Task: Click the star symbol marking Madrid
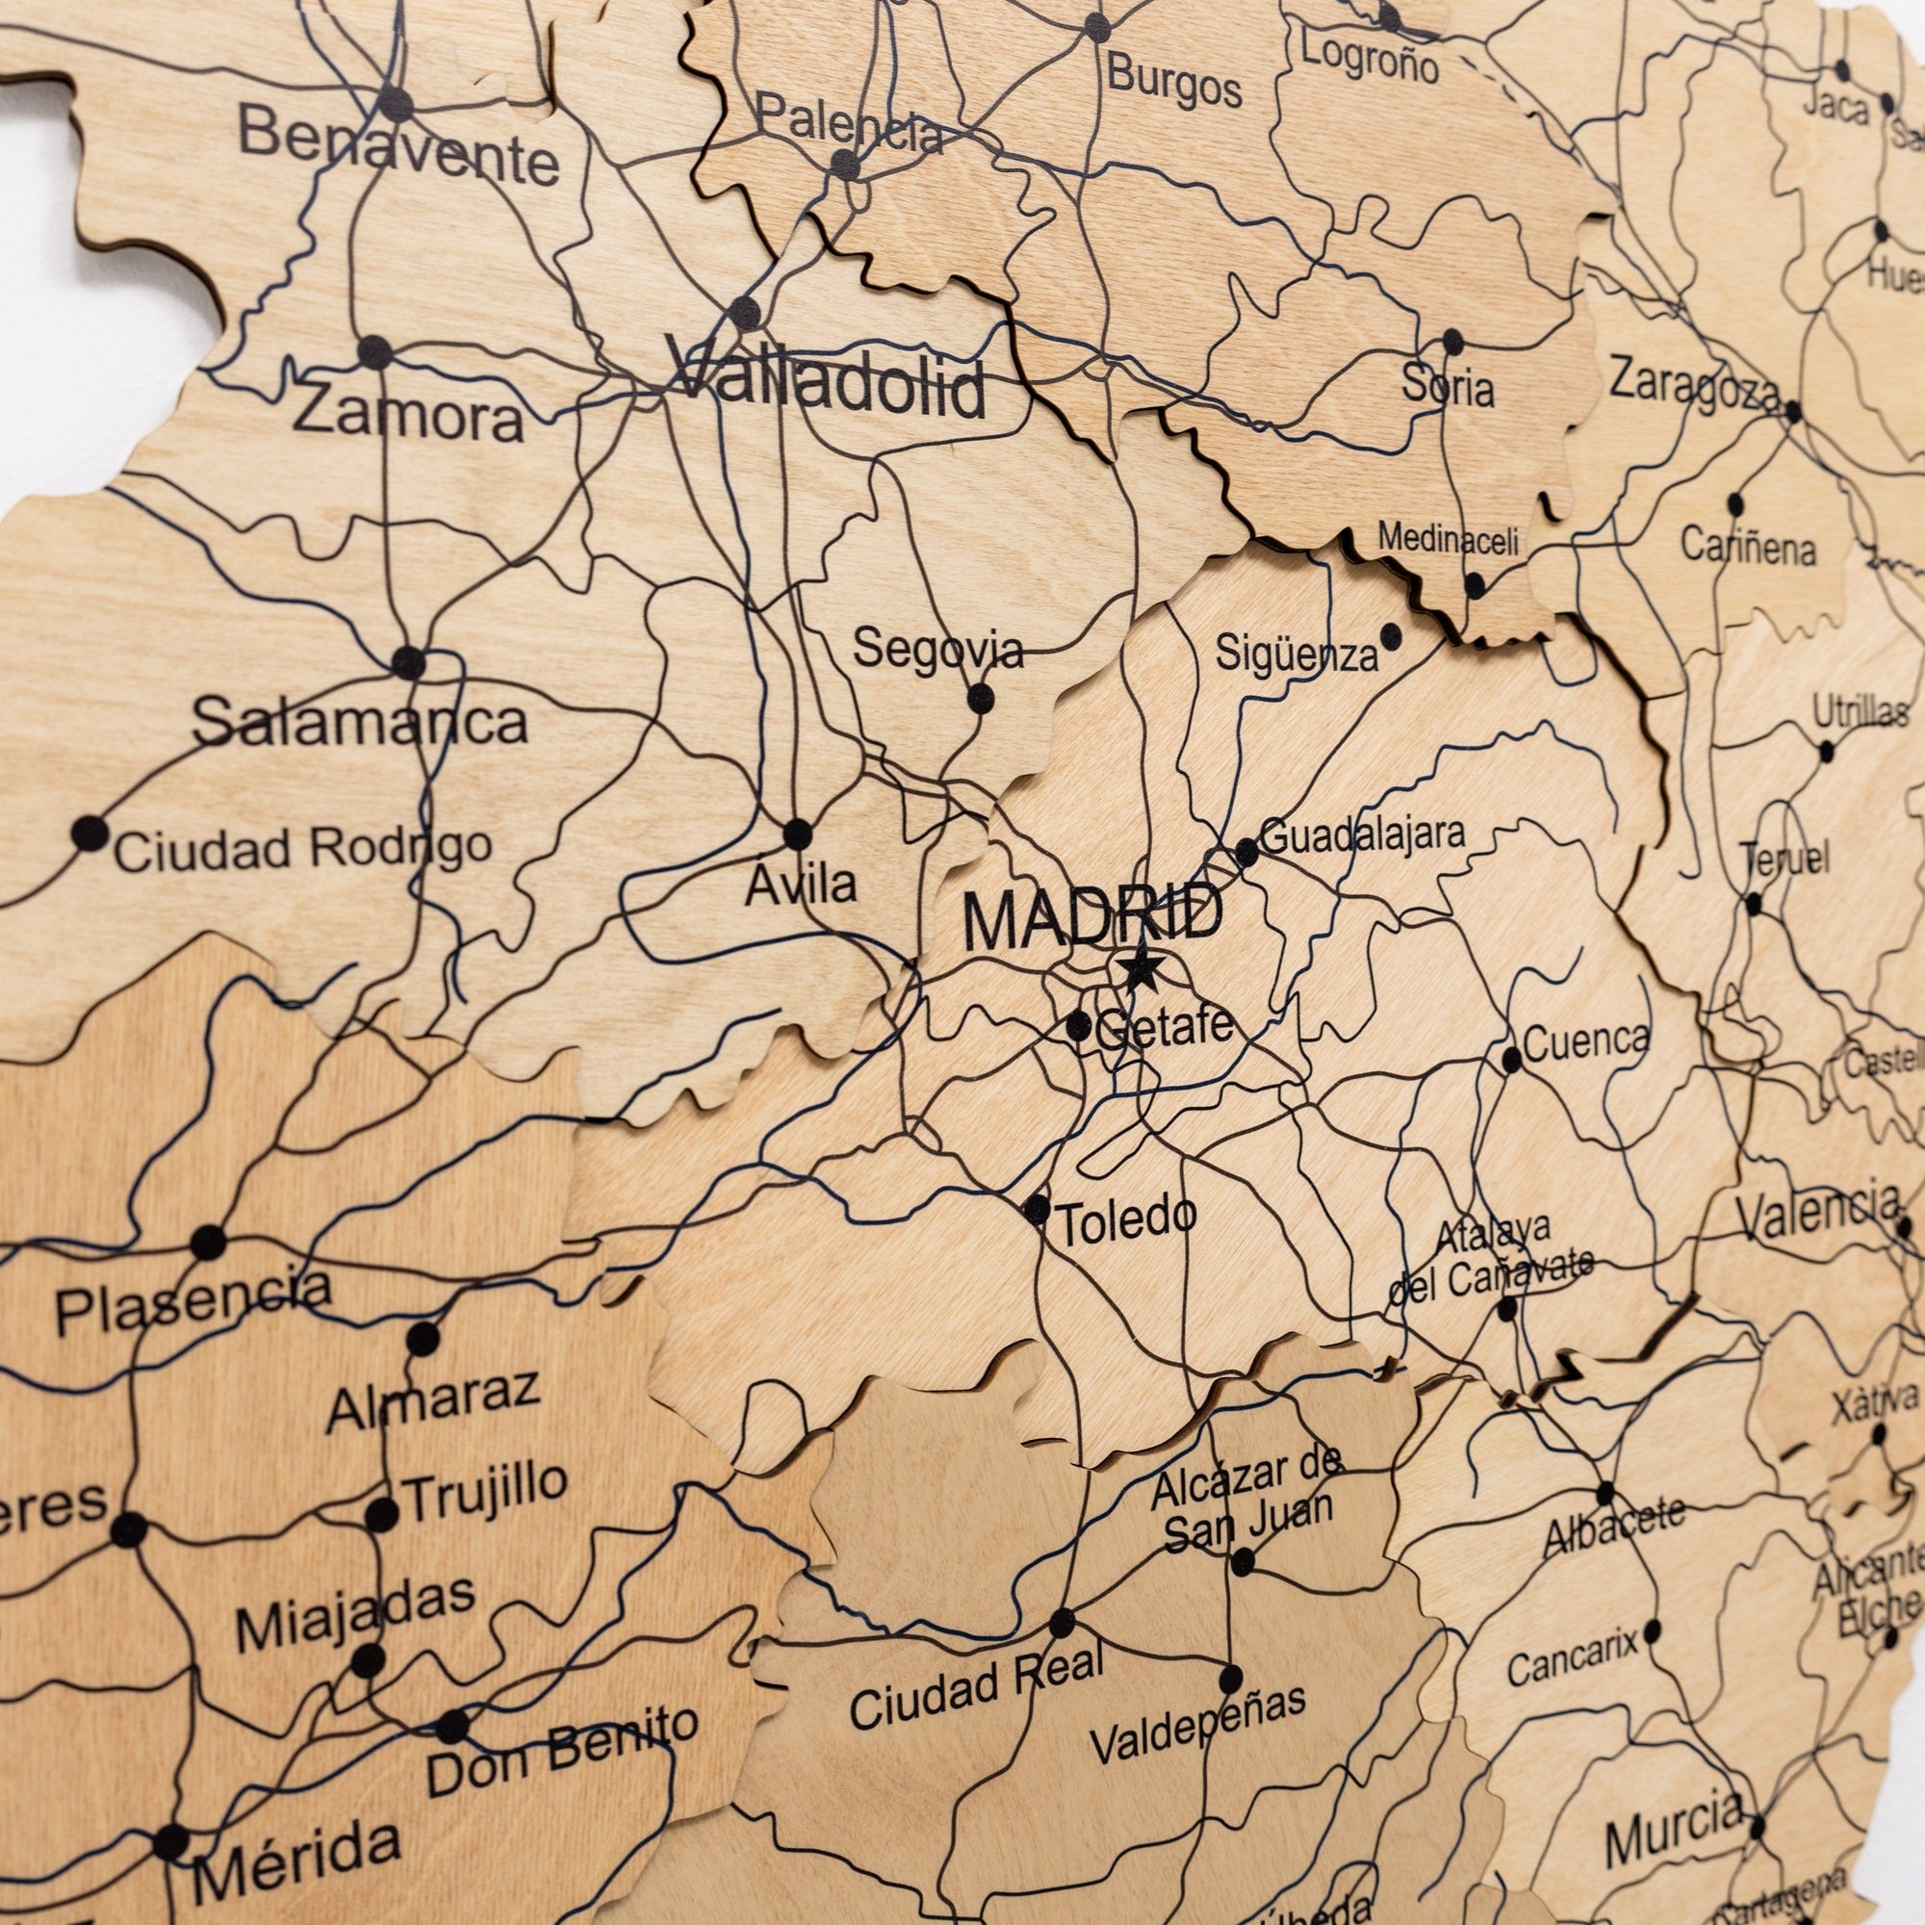1142,968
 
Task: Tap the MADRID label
1092,918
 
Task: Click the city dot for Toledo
1037,1210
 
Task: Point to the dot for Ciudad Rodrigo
90,832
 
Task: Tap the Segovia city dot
981,698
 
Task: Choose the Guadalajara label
1362,834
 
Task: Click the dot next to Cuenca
1511,1059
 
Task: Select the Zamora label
408,414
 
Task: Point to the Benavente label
398,149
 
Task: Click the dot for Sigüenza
1390,634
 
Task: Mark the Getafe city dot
1079,1025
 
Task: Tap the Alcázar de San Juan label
1247,1501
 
